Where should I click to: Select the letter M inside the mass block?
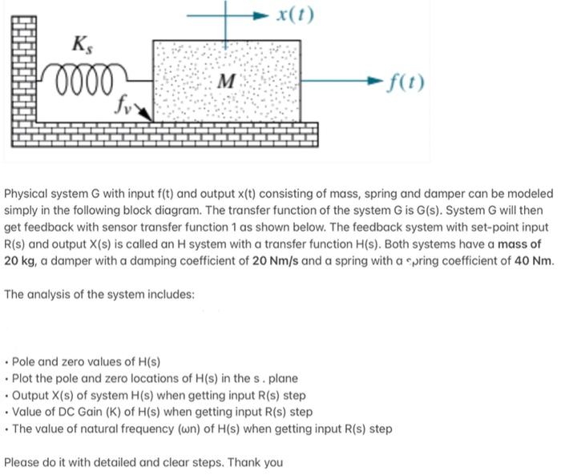coord(227,81)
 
